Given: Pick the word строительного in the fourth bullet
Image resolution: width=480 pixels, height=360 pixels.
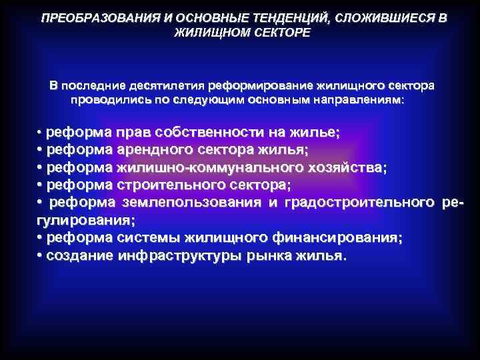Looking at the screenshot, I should (167, 184).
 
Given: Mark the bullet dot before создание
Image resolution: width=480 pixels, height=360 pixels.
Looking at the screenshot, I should (40, 255).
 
